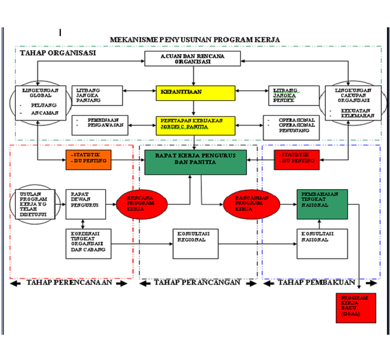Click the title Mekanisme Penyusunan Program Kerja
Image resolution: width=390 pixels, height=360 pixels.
pos(194,39)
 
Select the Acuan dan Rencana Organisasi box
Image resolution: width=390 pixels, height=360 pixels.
pos(192,58)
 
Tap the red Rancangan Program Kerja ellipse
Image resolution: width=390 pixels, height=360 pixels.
pos(246,203)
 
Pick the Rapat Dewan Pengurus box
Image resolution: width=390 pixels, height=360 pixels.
pos(86,204)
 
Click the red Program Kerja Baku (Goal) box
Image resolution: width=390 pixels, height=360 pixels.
pos(355,307)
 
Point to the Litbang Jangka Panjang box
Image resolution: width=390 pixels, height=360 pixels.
pos(96,95)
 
